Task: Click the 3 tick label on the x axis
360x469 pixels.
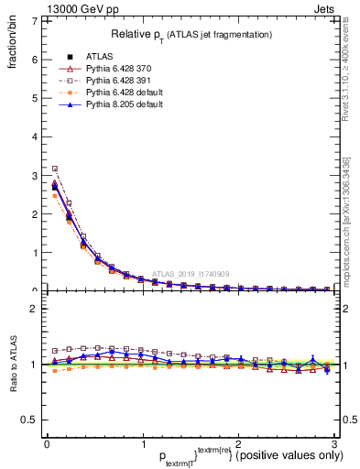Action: pos(334,444)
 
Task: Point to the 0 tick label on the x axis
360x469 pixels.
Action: pos(48,444)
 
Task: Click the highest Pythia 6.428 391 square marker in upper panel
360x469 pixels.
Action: pos(55,169)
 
